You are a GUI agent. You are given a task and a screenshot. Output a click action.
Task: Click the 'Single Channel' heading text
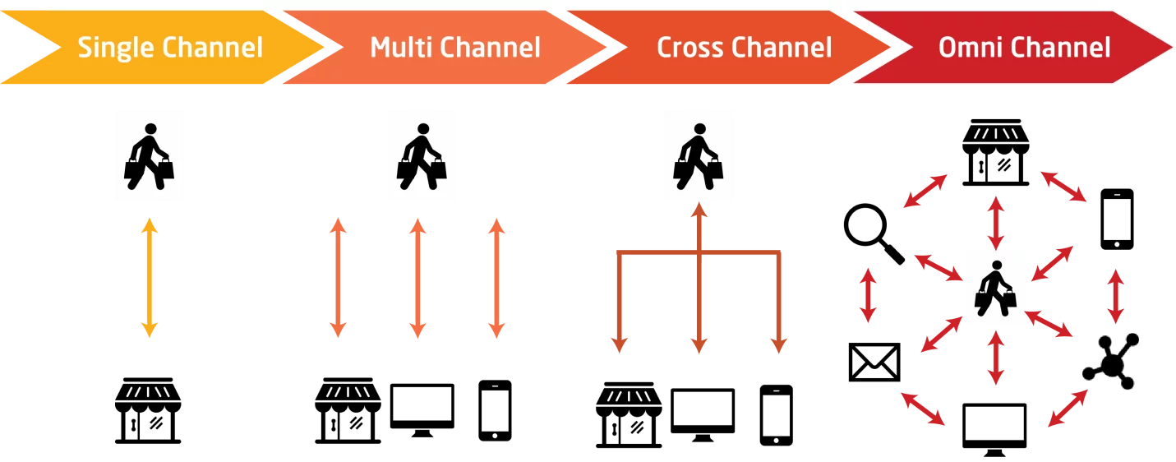click(170, 48)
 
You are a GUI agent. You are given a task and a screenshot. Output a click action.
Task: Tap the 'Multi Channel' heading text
click(455, 47)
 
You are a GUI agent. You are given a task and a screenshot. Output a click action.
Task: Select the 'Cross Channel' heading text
click(745, 47)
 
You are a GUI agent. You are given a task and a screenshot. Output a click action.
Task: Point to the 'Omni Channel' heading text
click(1024, 47)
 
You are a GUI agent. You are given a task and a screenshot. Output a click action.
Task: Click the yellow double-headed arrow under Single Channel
click(150, 278)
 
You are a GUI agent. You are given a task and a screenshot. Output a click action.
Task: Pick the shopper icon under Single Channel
click(149, 156)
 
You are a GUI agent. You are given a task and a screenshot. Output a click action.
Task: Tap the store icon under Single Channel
click(148, 410)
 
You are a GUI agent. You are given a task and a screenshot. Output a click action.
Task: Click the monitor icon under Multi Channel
click(422, 410)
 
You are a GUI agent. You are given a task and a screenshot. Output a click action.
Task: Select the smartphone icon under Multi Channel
click(495, 410)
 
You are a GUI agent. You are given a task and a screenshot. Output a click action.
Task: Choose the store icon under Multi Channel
click(348, 410)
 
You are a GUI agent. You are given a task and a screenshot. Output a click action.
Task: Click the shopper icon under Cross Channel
click(699, 156)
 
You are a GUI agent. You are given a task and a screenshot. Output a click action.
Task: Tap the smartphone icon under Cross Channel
click(777, 415)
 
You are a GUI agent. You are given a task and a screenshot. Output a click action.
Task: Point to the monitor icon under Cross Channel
click(703, 415)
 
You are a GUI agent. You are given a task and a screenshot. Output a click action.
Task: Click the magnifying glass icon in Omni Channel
click(874, 233)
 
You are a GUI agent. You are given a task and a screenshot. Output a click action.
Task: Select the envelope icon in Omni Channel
click(874, 363)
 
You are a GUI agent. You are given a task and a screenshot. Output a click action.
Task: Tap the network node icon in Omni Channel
click(1111, 361)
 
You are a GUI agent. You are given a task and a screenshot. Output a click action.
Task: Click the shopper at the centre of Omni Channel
click(995, 289)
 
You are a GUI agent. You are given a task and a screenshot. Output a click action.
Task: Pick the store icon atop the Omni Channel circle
click(996, 152)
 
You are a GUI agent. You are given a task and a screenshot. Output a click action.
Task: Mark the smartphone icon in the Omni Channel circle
click(1117, 219)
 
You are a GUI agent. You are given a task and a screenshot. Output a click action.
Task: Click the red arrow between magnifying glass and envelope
click(869, 295)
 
